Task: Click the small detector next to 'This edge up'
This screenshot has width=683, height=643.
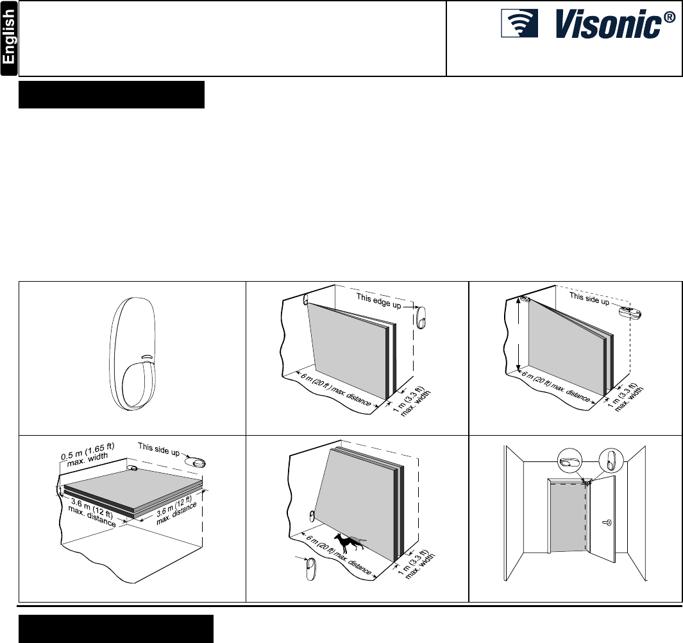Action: [x=421, y=317]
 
